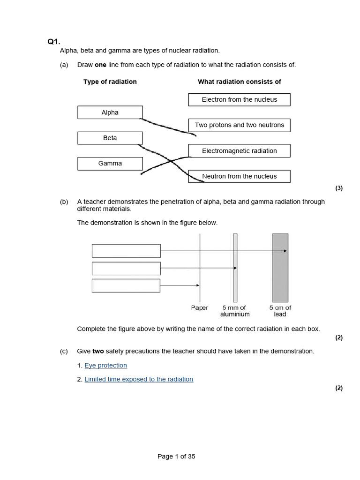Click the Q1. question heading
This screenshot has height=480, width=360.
[x=54, y=42]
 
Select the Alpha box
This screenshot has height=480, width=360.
[x=110, y=112]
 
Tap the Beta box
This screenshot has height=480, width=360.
[x=110, y=138]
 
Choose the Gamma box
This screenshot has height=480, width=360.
[x=110, y=163]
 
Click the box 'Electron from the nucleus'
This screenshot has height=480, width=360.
[x=239, y=99]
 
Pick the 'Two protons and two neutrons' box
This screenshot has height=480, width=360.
[x=239, y=125]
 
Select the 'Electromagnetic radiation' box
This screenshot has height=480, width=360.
[x=239, y=151]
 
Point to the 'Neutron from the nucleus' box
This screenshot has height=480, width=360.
[x=239, y=176]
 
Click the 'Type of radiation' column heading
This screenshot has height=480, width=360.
[x=110, y=82]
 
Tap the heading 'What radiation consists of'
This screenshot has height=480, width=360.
[x=239, y=82]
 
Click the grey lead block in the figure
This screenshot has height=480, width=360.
[x=280, y=268]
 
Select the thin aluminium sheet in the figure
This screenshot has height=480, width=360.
[x=235, y=268]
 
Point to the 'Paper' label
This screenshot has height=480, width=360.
[x=200, y=308]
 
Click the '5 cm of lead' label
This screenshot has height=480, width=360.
[x=280, y=311]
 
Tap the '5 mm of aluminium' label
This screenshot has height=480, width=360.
[x=235, y=311]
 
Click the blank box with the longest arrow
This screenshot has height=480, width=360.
[x=126, y=251]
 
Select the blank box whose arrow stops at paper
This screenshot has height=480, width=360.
[x=126, y=285]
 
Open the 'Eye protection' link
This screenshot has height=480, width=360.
[x=105, y=365]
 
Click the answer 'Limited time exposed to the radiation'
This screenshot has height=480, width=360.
[x=139, y=379]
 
